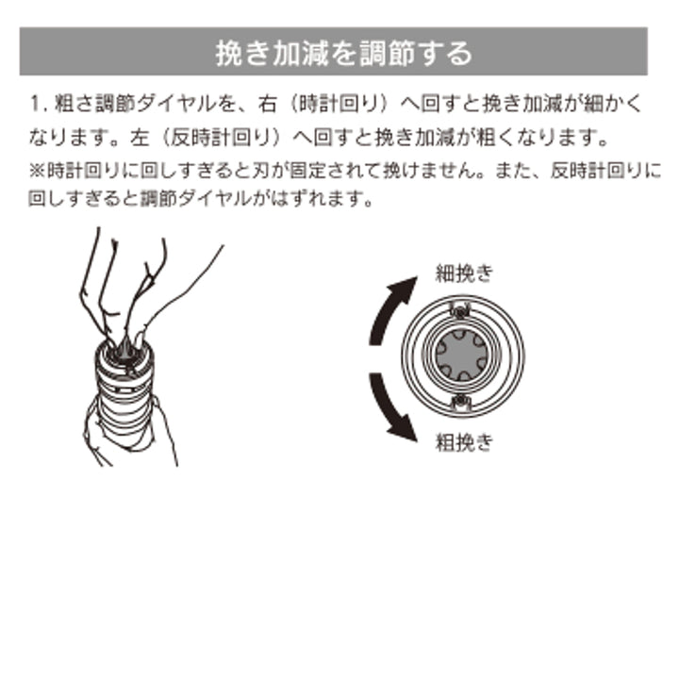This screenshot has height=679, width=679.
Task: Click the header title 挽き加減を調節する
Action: pos(343,52)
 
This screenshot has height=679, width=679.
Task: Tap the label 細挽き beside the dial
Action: pos(463,274)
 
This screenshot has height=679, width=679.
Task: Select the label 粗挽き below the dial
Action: pos(463,440)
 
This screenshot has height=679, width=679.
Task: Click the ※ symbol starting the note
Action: pos(34,172)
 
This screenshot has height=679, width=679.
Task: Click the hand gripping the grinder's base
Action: pos(117,429)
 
